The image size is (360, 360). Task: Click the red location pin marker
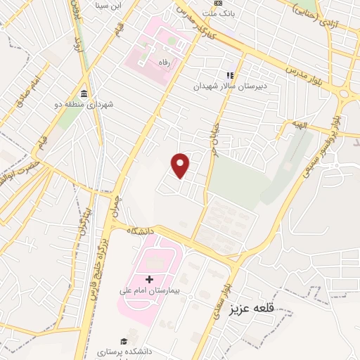coord(181,165)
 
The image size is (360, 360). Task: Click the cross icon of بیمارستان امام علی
coord(149,279)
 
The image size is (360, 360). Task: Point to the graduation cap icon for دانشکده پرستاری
coord(124,340)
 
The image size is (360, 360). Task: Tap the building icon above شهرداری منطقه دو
coord(84,94)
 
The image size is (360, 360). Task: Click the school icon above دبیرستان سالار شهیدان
coord(229,75)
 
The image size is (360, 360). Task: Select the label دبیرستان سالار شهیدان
coord(227,86)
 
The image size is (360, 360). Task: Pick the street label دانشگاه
coord(141,229)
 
